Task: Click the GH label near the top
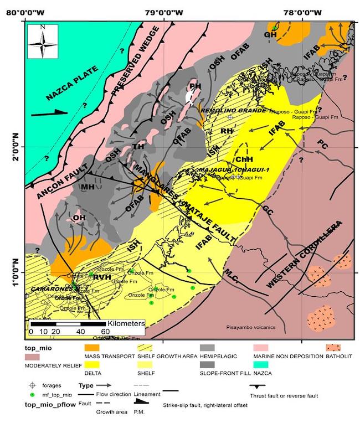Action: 270,35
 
